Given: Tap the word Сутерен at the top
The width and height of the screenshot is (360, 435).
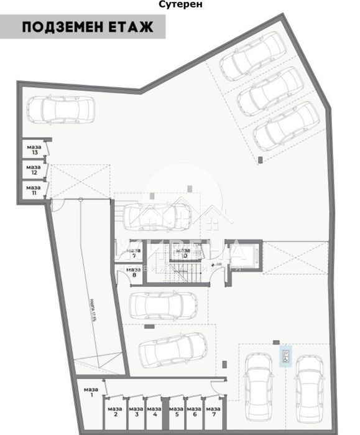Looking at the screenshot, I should pyautogui.click(x=180, y=4).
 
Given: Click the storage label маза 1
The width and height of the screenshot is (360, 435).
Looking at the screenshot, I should pyautogui.click(x=88, y=392).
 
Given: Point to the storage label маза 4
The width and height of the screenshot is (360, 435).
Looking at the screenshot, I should pyautogui.click(x=152, y=411).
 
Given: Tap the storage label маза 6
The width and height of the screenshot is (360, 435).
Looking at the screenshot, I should pyautogui.click(x=195, y=411).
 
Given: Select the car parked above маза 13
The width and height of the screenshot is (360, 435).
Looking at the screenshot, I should pyautogui.click(x=61, y=110).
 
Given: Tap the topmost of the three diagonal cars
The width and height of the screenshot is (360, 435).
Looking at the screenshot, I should pyautogui.click(x=252, y=56).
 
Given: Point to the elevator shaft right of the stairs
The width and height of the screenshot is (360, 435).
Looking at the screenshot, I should pyautogui.click(x=247, y=255).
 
